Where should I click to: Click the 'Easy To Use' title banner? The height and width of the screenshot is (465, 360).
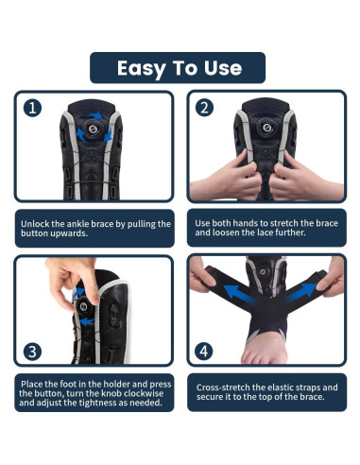179,68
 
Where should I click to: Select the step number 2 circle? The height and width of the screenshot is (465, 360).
204,108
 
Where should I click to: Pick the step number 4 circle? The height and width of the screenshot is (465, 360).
204,351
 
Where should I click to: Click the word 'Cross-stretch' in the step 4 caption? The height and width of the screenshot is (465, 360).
224,387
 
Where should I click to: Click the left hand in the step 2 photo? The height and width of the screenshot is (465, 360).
227,180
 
